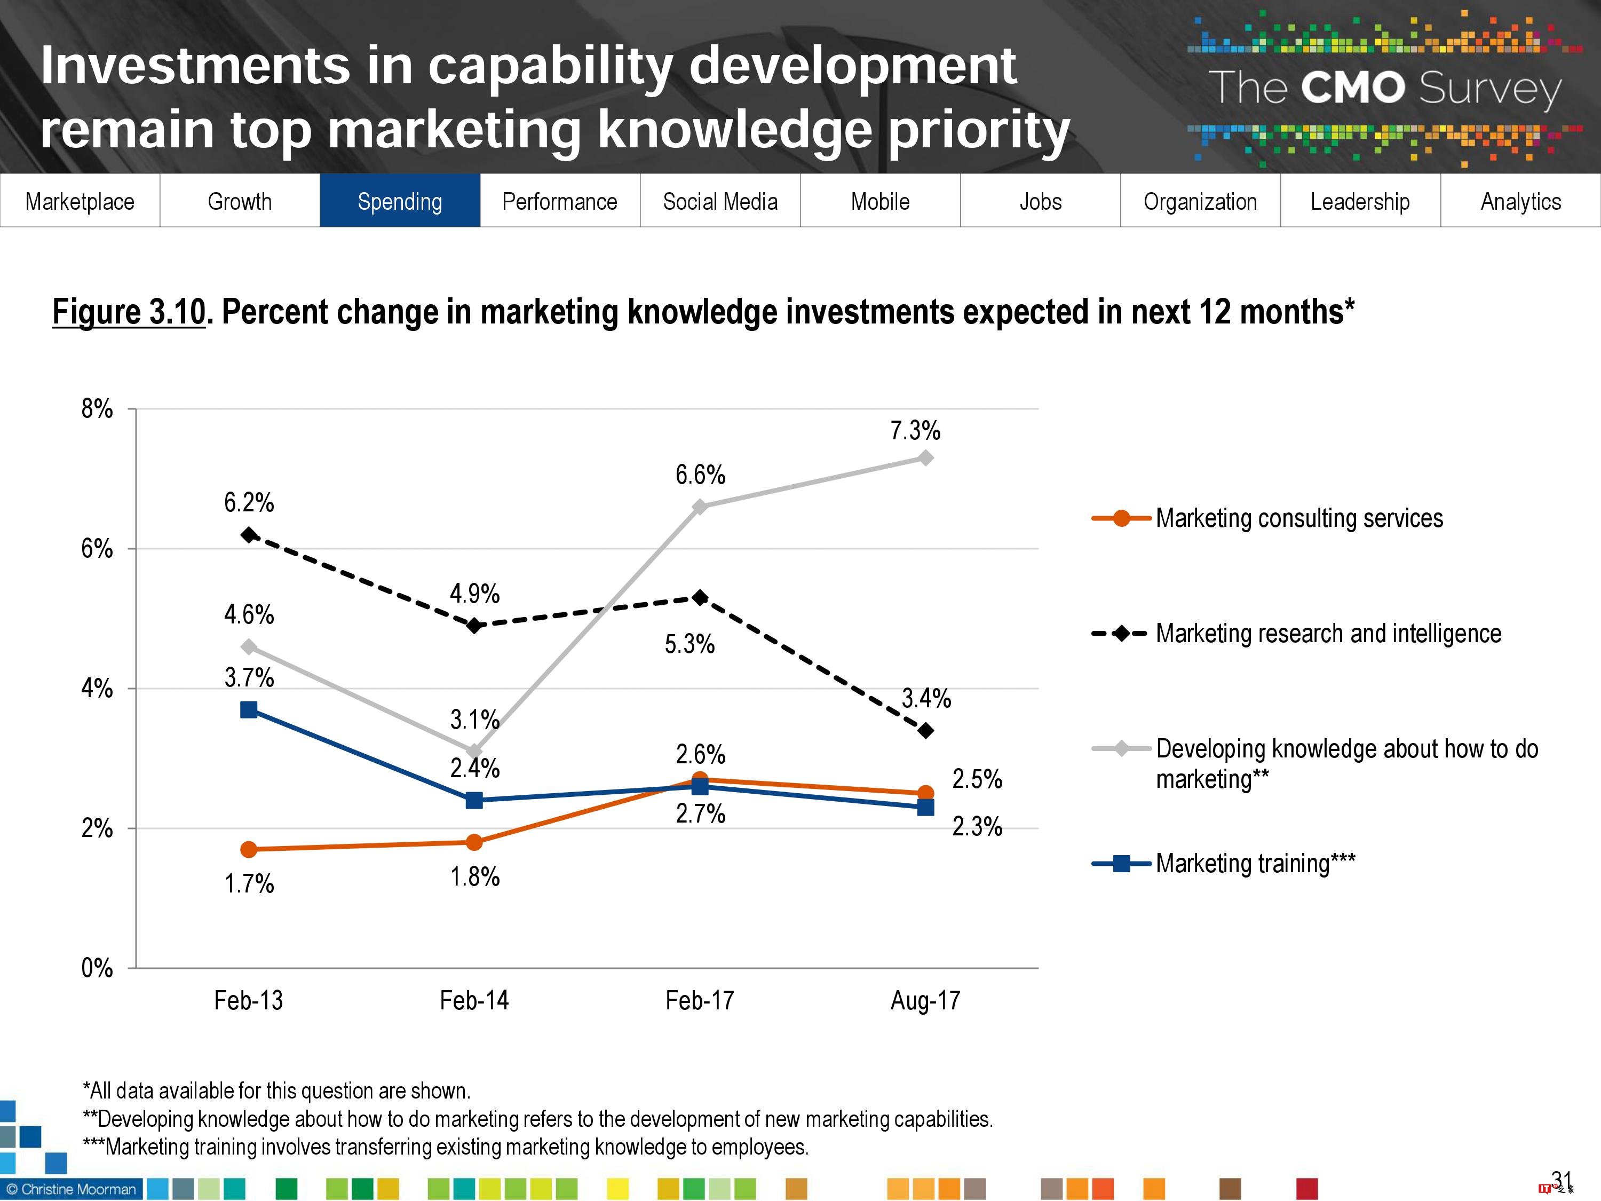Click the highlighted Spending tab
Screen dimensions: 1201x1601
click(400, 201)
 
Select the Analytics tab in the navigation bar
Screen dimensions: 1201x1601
click(1520, 201)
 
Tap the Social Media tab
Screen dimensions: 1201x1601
click(720, 201)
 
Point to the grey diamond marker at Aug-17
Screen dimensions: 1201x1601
click(925, 457)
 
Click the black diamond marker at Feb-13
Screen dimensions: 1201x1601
click(249, 535)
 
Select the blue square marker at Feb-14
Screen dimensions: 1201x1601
click(474, 800)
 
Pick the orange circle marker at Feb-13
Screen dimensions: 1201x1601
click(249, 849)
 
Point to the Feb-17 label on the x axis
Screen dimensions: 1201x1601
click(699, 1000)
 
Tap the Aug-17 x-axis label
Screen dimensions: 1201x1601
click(925, 1000)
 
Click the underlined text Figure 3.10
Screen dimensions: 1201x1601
click(129, 312)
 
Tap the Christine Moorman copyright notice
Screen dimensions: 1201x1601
click(71, 1189)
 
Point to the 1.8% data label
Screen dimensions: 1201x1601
click(475, 876)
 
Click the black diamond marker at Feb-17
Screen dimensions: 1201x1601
click(700, 598)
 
